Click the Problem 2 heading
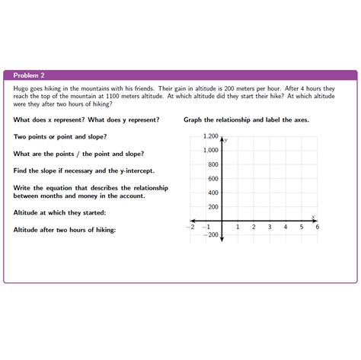pyautogui.click(x=29, y=75)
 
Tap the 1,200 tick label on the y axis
pyautogui.click(x=210, y=136)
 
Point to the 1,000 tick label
pyautogui.click(x=210, y=150)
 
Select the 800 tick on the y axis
pyautogui.click(x=213, y=164)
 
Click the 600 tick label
pyautogui.click(x=213, y=179)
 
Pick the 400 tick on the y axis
pyautogui.click(x=213, y=193)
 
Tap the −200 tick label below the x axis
pyautogui.click(x=211, y=234)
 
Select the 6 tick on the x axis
pyautogui.click(x=317, y=227)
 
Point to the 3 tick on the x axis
pyautogui.click(x=270, y=227)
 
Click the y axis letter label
pyautogui.click(x=226, y=140)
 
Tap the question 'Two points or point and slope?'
pyautogui.click(x=60, y=137)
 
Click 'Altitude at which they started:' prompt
pyautogui.click(x=59, y=212)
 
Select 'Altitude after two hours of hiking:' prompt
pyautogui.click(x=65, y=229)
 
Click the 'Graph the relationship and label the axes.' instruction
pyautogui.click(x=246, y=120)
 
